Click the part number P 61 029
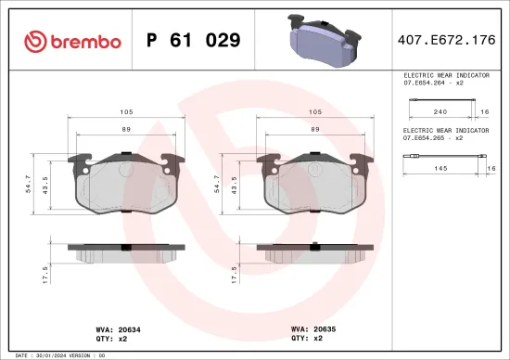(x=194, y=41)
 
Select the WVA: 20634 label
(x=119, y=328)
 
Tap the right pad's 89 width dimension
(x=315, y=130)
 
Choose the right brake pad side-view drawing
(x=315, y=252)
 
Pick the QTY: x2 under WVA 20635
(x=306, y=338)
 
